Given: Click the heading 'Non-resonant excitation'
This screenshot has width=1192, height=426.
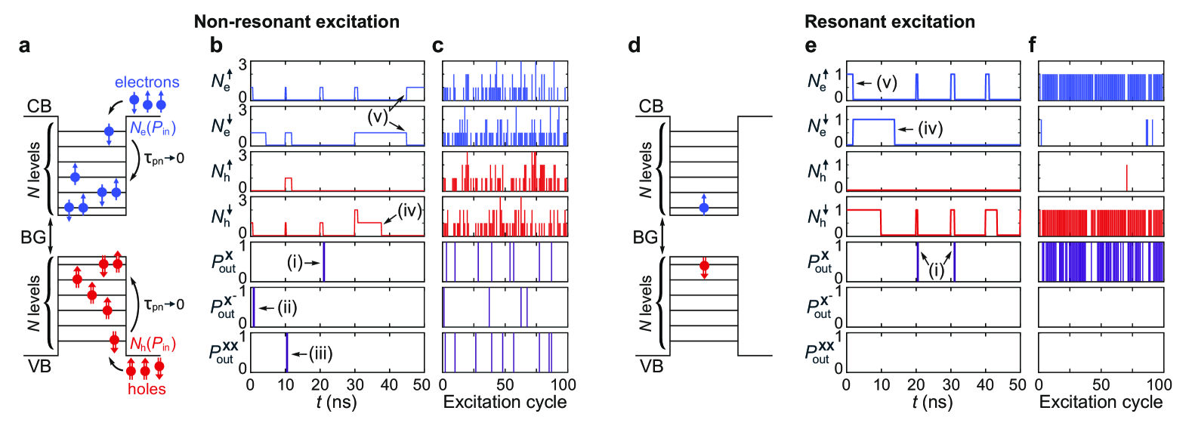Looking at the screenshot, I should click(x=296, y=22).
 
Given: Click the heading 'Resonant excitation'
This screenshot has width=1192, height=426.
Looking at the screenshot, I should click(x=889, y=22).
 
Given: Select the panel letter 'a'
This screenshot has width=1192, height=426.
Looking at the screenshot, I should click(x=25, y=46).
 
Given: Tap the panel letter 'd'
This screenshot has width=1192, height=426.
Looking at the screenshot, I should click(x=635, y=46).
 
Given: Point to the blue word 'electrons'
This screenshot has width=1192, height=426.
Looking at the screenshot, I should click(x=147, y=82).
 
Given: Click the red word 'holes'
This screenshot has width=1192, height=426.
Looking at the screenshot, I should click(x=147, y=389).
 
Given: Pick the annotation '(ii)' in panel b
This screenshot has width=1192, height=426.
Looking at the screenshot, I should click(x=287, y=307).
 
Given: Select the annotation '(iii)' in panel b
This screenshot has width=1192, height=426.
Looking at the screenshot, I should click(x=320, y=353).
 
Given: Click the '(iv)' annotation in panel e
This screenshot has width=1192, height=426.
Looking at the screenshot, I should click(x=930, y=128).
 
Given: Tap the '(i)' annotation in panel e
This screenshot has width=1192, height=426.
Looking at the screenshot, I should click(x=936, y=270).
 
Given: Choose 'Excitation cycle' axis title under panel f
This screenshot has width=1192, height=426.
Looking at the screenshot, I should click(x=1101, y=402).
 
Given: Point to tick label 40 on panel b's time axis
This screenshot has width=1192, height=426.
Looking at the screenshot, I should click(x=389, y=384).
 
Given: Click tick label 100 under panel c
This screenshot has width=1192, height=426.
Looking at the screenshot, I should click(x=564, y=384).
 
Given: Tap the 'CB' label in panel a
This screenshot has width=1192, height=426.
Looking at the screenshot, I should click(x=39, y=106).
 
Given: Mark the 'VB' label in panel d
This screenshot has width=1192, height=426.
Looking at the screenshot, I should click(x=651, y=366).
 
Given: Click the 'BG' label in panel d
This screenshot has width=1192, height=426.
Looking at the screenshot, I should click(x=645, y=237).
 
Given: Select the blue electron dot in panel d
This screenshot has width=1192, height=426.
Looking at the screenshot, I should click(x=704, y=207).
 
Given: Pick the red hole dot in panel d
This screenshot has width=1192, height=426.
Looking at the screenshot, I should click(x=704, y=266).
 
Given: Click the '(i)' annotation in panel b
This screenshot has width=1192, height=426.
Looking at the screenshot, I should click(x=295, y=262).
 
